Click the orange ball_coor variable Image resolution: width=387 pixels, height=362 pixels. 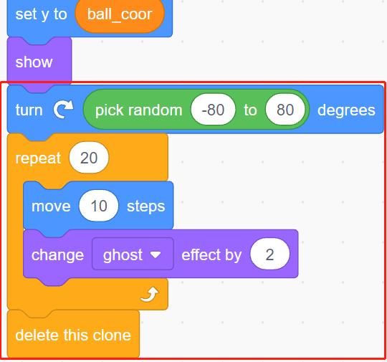120,15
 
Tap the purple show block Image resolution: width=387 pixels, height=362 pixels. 39,62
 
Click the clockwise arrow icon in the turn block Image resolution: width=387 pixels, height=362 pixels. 64,110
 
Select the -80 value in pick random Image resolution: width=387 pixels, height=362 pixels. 213,110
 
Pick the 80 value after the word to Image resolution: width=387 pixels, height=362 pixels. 285,110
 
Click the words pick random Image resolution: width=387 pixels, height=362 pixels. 139,110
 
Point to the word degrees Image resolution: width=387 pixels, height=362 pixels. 346,110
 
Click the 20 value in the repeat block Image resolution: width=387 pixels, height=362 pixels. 89,158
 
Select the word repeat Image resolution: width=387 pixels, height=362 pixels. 38,158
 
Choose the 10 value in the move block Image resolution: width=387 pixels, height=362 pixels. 99,206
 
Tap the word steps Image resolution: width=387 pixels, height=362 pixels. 146,206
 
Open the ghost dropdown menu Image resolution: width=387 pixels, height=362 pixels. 133,254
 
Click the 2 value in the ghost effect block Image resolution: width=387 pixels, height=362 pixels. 269,254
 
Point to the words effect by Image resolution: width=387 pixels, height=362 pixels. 211,254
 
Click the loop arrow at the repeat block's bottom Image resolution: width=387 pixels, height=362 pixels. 150,295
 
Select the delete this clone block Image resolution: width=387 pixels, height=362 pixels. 73,334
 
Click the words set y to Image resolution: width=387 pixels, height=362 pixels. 41,14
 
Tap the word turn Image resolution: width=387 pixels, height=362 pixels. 29,110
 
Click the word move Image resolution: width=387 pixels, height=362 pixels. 51,206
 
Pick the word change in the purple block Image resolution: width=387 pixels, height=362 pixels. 57,254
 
